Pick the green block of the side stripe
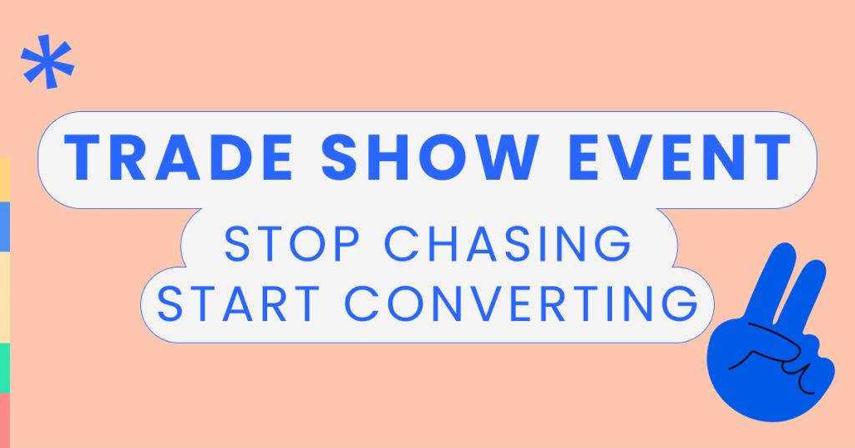4,367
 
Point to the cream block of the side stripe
4,297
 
